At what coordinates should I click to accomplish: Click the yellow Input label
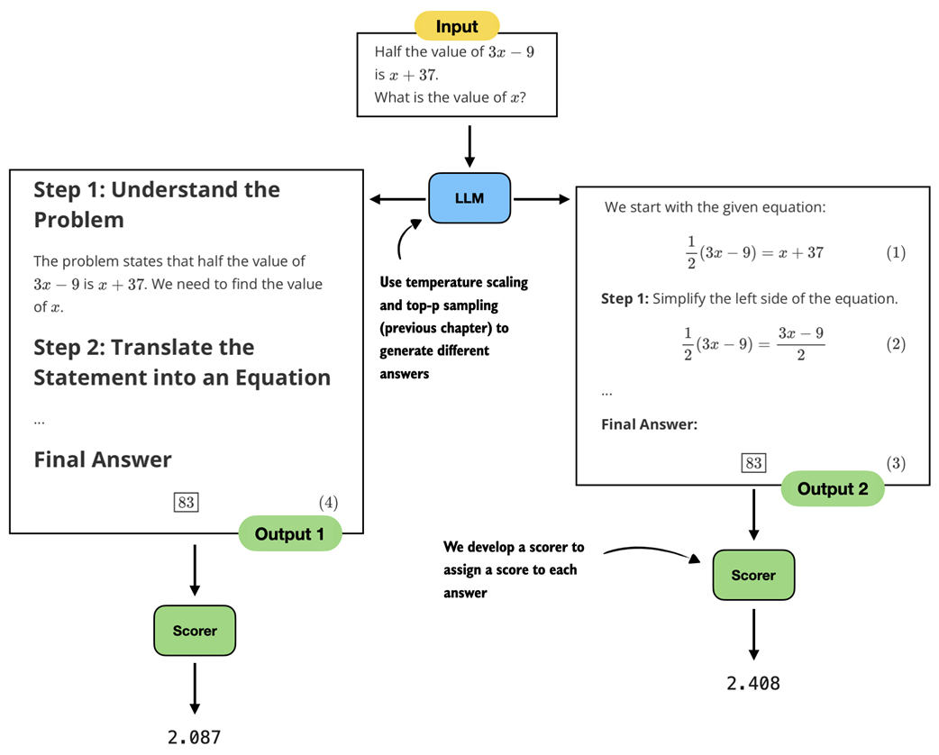click(456, 26)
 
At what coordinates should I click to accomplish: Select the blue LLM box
click(469, 197)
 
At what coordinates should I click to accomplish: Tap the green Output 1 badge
click(289, 534)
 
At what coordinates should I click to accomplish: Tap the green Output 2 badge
click(833, 489)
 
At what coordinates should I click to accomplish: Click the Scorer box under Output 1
click(195, 631)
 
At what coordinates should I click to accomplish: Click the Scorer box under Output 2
click(753, 575)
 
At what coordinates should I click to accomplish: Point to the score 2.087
click(195, 737)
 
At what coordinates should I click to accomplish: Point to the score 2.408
click(753, 683)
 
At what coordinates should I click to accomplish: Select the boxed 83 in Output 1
click(187, 502)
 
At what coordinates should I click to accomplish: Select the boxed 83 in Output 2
click(752, 463)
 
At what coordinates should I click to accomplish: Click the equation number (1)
click(895, 253)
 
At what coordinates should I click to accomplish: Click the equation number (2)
click(895, 344)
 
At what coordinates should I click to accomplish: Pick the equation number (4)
click(327, 502)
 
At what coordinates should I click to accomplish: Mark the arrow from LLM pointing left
click(397, 198)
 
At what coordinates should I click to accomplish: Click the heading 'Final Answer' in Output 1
click(103, 459)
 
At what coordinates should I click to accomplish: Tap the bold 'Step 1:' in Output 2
click(624, 298)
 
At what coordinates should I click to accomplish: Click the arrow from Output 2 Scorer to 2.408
click(753, 640)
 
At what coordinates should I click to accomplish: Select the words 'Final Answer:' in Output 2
click(649, 424)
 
